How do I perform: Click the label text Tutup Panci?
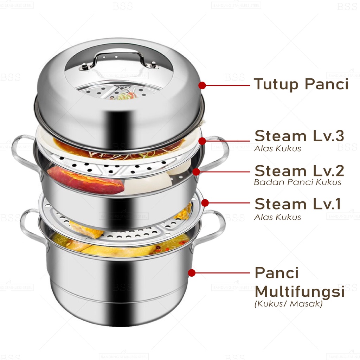tap(301, 85)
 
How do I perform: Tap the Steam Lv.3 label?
tap(299, 136)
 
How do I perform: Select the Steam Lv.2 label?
tap(299, 171)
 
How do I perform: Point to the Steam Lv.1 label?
tap(297, 204)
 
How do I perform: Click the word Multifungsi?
tap(299, 292)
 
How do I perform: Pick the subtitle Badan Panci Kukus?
tap(297, 182)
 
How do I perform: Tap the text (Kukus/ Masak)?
tap(288, 304)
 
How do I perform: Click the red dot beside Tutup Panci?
tap(202, 85)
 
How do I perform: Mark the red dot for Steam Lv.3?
tap(202, 141)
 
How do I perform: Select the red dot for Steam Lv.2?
tap(196, 172)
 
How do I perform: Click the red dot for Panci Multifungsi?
tap(192, 272)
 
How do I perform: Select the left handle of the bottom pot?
tap(30, 225)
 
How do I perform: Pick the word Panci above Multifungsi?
tap(276, 273)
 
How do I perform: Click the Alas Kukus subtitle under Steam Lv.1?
tap(277, 217)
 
